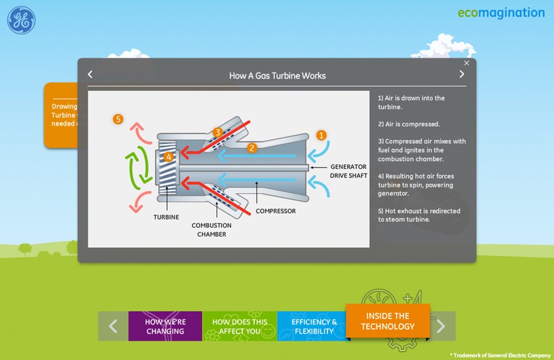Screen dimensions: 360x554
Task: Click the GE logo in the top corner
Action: [x=21, y=21]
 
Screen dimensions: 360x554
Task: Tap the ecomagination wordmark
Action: [x=501, y=13]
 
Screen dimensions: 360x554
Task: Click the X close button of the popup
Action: [x=467, y=63]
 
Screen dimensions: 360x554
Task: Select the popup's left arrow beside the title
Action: [x=90, y=75]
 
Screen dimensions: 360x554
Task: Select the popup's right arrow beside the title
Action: [x=462, y=75]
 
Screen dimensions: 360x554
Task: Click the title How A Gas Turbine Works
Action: [x=277, y=75]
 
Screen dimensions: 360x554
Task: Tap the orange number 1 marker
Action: [x=322, y=135]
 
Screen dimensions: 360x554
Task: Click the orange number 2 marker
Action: [x=251, y=148]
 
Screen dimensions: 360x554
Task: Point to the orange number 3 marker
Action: [x=218, y=132]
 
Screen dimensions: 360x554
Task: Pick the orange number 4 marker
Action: [x=168, y=156]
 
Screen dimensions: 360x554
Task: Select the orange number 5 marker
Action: [x=118, y=119]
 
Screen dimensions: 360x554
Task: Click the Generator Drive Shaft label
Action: [x=348, y=171]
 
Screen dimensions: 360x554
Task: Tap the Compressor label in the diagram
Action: [x=276, y=211]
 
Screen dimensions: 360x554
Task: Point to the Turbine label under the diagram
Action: [x=166, y=217]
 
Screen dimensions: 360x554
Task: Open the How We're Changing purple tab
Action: [x=165, y=326]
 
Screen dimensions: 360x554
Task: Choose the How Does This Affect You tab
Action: [x=240, y=326]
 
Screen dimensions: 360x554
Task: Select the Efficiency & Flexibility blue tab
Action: [x=314, y=326]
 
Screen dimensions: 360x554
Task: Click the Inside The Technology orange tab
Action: [x=388, y=321]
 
